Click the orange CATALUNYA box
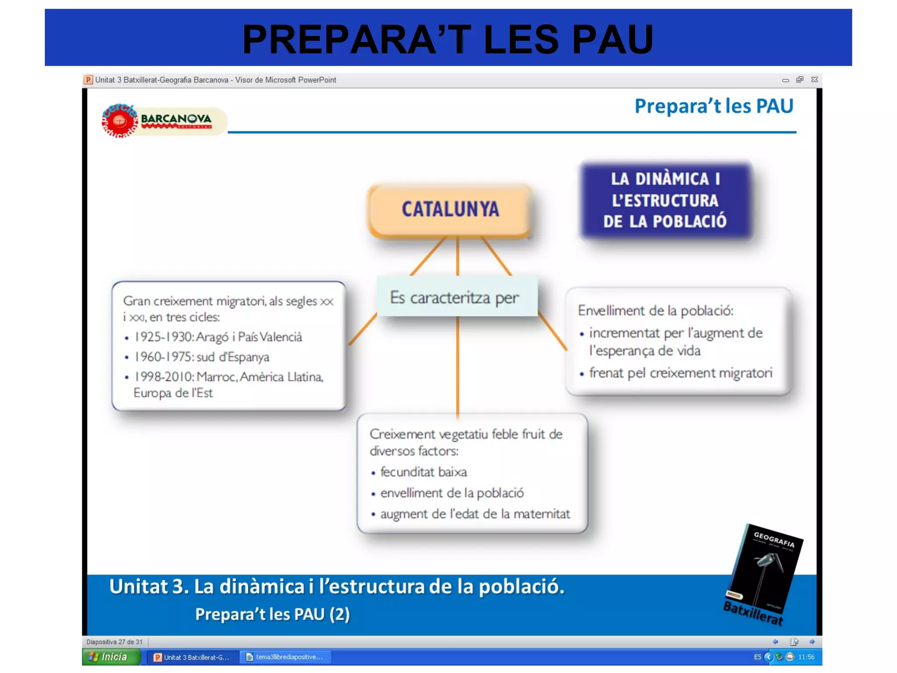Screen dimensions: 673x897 coord(450,210)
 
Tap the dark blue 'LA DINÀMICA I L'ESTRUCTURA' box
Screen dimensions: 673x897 coord(665,200)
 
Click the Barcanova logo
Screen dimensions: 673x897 coord(162,120)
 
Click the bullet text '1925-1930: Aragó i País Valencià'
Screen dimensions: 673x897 coord(218,336)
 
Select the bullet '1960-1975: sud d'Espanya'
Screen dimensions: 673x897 coord(201,357)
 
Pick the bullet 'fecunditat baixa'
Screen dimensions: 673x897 coord(423,472)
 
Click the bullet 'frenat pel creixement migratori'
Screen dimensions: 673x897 coord(680,373)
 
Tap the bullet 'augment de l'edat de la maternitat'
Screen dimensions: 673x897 coord(475,514)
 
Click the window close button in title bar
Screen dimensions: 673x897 coord(814,80)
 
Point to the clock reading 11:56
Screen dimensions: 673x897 coord(806,657)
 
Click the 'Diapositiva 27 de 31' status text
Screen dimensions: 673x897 coord(114,642)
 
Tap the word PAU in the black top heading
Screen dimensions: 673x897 coord(612,39)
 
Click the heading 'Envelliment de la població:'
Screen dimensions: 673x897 coord(655,310)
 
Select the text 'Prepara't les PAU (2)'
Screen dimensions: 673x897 coord(272,614)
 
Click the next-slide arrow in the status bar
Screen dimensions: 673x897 coord(812,642)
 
